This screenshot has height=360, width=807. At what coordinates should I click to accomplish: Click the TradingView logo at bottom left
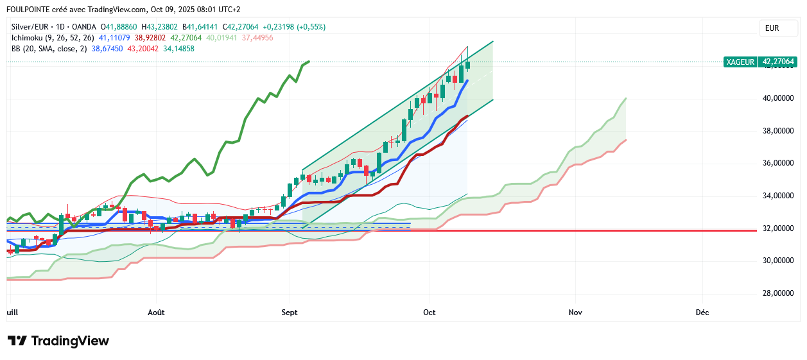coord(58,341)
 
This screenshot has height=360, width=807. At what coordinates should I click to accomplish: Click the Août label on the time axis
coord(156,313)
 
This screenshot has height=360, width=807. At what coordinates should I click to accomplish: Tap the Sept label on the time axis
coord(290,313)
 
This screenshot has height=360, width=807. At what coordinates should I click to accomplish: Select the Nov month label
coord(575,313)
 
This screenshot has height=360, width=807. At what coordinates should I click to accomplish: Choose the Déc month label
coord(702,313)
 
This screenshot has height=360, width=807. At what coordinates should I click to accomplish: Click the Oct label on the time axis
coord(430,313)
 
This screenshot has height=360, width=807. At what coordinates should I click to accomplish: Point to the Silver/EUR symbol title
coord(30,27)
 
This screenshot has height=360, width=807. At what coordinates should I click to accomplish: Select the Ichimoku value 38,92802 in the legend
coord(149,38)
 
